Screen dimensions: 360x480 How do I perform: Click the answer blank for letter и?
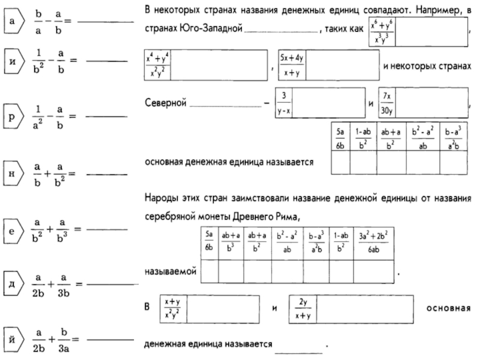click(x=107, y=61)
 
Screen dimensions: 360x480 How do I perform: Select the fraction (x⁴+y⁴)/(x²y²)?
click(x=158, y=65)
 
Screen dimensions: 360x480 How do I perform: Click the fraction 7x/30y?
click(x=387, y=103)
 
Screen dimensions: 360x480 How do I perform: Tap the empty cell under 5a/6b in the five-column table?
click(x=340, y=162)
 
